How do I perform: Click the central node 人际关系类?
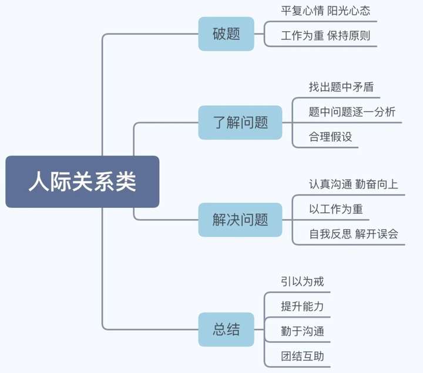[x=82, y=182]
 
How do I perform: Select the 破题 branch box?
[x=226, y=33]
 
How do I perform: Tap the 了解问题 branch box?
[x=240, y=122]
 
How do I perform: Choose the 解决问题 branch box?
[x=240, y=220]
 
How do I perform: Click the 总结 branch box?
[x=226, y=329]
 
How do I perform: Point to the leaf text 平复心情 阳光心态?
[x=325, y=11]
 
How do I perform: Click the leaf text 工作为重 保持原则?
[x=325, y=36]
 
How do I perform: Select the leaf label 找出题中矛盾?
[x=341, y=86]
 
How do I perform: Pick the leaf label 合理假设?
[x=330, y=137]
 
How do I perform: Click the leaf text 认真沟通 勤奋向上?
[x=354, y=184]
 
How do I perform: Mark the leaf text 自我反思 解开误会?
[x=354, y=234]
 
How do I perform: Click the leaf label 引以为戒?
[x=302, y=281]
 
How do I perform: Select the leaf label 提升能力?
[x=302, y=306]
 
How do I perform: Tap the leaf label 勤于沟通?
[x=302, y=331]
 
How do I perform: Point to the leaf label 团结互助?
[x=302, y=356]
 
